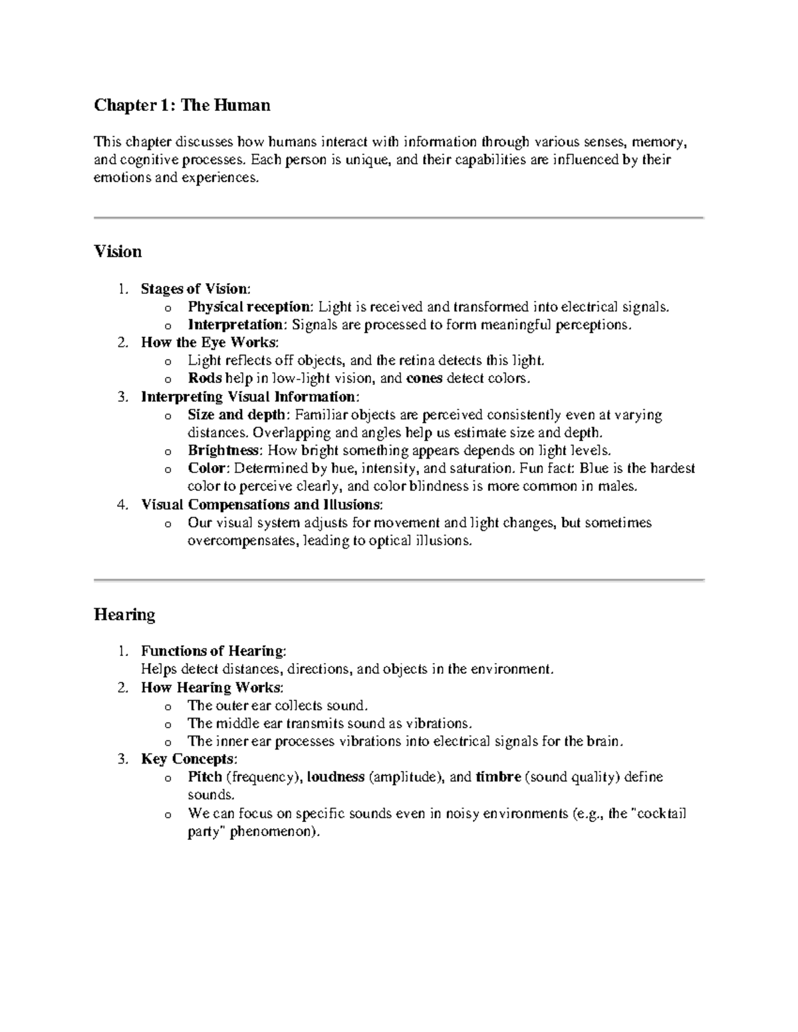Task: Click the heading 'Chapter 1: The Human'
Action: tap(182, 105)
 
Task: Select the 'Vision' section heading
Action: tap(118, 251)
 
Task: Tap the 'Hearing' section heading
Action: tap(124, 614)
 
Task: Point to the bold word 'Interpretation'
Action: tap(236, 324)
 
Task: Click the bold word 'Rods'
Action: tap(205, 378)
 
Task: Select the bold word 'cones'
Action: tap(424, 378)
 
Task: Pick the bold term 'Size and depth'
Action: tap(238, 415)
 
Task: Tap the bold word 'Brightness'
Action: tap(223, 450)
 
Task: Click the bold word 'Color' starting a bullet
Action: tap(207, 468)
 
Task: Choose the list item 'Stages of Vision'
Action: tap(195, 288)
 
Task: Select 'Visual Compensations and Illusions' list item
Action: tap(261, 504)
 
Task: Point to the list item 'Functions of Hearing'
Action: tap(212, 651)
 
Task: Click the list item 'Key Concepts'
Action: tap(188, 759)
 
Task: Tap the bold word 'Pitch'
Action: tap(205, 777)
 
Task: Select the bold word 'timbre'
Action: tap(498, 777)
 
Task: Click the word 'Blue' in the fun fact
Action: tap(594, 468)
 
